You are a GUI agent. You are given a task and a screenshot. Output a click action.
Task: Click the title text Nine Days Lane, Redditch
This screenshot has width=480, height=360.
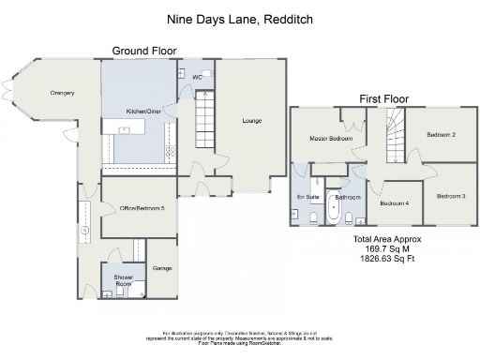(239, 19)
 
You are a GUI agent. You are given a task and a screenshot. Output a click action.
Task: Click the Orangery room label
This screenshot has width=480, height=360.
(63, 93)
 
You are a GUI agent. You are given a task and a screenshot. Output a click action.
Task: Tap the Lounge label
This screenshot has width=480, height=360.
(251, 121)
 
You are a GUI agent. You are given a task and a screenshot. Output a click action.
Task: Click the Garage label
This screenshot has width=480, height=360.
(163, 268)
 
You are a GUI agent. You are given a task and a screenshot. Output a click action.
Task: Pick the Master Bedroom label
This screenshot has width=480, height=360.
(331, 139)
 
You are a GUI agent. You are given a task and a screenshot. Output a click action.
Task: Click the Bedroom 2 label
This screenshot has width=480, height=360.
(441, 135)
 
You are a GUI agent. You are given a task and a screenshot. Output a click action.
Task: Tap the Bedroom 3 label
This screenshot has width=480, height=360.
(451, 196)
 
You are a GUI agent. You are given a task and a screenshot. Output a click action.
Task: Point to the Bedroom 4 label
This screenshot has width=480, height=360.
(395, 202)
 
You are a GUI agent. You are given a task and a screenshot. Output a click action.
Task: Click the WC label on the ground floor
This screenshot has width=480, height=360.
(198, 76)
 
